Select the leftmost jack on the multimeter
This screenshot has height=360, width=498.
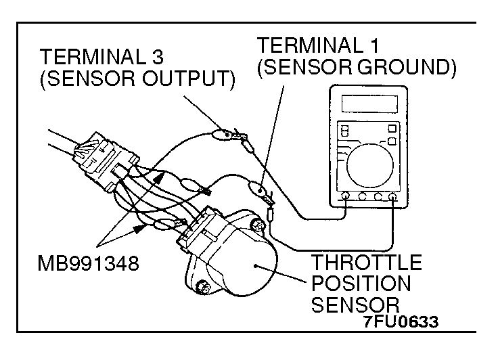(346, 197)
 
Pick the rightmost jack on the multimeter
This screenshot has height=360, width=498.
(392, 197)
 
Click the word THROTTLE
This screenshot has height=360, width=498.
(365, 262)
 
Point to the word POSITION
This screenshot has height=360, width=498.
(361, 283)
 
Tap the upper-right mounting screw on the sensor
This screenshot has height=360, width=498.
(256, 223)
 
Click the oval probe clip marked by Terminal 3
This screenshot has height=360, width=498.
(222, 134)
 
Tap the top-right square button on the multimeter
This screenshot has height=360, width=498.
(392, 128)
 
